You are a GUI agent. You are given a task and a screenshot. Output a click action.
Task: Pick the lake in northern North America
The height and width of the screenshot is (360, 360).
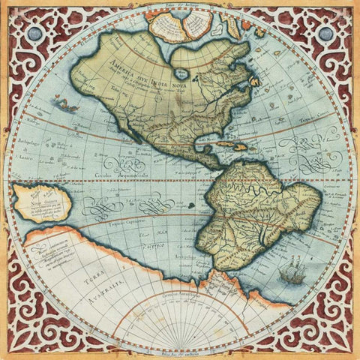[x=182, y=73]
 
